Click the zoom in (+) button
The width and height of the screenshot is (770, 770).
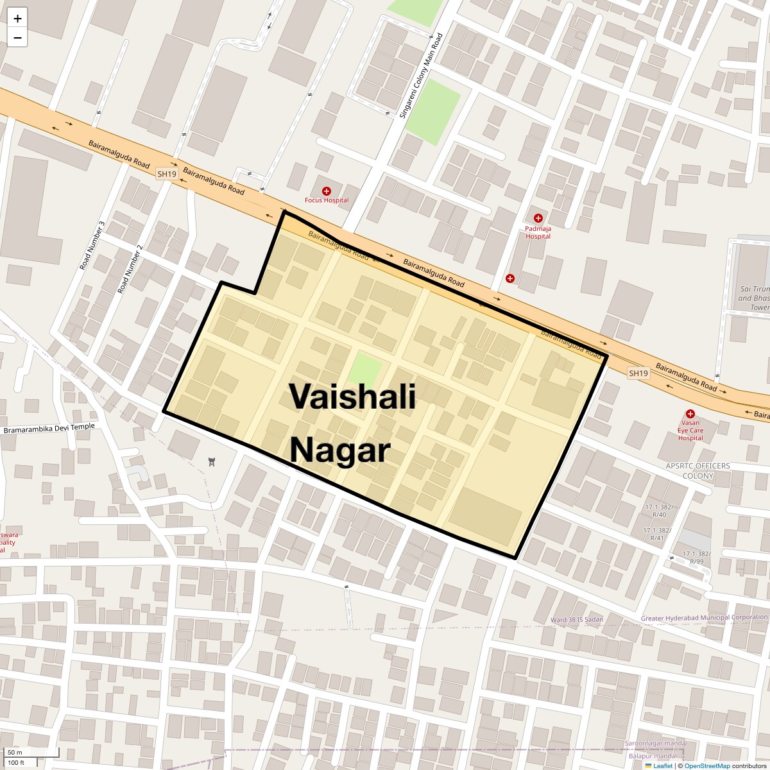pyautogui.click(x=17, y=19)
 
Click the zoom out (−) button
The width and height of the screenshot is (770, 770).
pyautogui.click(x=17, y=38)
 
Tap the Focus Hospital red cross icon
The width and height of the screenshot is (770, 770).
pyautogui.click(x=327, y=191)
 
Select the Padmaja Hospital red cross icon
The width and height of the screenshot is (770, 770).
pyautogui.click(x=538, y=219)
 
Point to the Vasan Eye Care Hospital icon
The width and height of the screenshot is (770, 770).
pyautogui.click(x=690, y=415)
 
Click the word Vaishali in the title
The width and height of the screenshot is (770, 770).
pyautogui.click(x=352, y=396)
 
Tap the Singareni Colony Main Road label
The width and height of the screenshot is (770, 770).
pyautogui.click(x=421, y=75)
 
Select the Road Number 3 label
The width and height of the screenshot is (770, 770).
pyautogui.click(x=92, y=245)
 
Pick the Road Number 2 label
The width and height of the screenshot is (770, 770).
pyautogui.click(x=130, y=269)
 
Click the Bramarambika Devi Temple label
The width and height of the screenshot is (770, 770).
pyautogui.click(x=49, y=428)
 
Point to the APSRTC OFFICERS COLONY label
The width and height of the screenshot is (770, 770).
pyautogui.click(x=697, y=471)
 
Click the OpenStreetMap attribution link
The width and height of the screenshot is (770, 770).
pyautogui.click(x=706, y=766)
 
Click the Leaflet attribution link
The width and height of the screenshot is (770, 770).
pyautogui.click(x=662, y=766)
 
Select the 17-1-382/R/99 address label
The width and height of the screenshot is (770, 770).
pyautogui.click(x=697, y=557)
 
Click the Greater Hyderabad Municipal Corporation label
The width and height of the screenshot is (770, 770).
pyautogui.click(x=704, y=618)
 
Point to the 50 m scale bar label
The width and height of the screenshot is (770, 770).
pyautogui.click(x=15, y=752)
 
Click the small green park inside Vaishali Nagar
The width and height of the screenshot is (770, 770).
pyautogui.click(x=365, y=370)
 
